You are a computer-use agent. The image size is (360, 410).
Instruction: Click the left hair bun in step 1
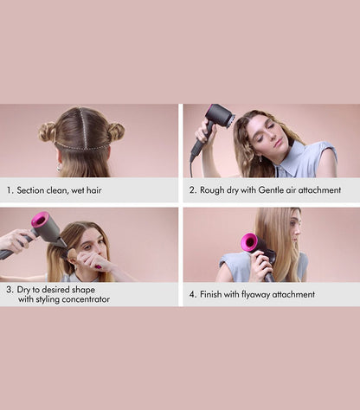[47, 131]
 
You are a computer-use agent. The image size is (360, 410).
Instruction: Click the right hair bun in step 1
[115, 131]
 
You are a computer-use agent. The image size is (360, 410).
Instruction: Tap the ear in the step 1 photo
[58, 160]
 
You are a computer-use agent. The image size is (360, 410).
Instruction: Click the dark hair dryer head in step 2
[220, 115]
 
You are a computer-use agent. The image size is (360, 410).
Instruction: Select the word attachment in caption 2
[320, 190]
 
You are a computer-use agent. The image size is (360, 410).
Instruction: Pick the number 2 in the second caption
[192, 190]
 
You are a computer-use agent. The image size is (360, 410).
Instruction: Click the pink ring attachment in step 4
[250, 243]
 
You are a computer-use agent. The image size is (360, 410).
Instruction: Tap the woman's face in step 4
[297, 231]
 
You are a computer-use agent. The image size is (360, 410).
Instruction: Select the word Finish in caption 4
[213, 294]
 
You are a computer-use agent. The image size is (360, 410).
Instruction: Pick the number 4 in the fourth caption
[192, 294]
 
